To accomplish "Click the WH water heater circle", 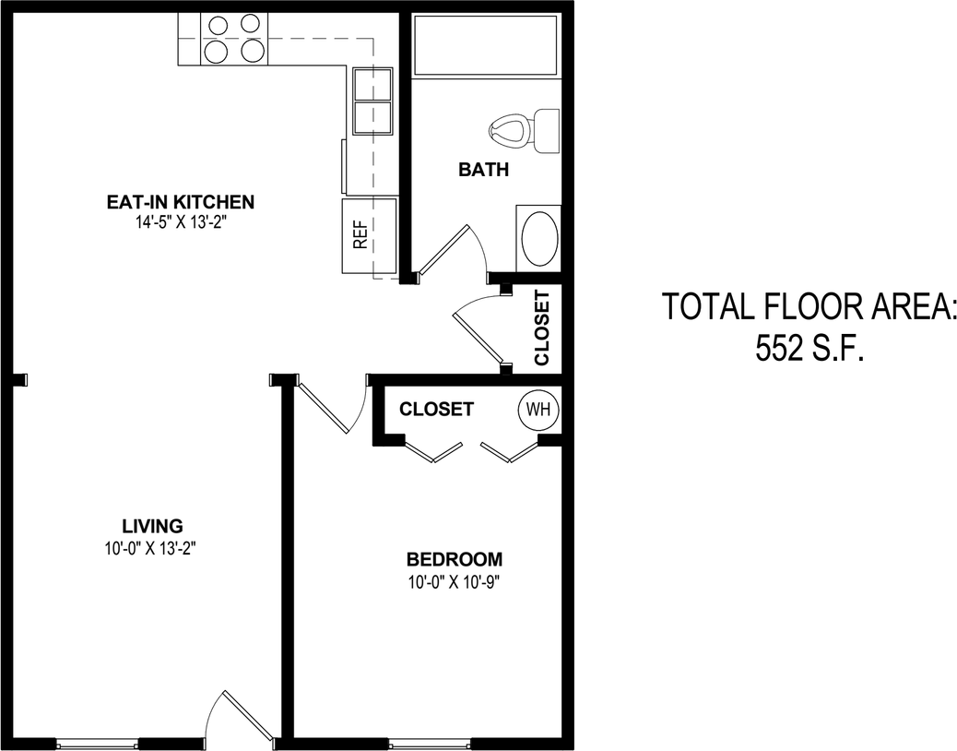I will (538, 409).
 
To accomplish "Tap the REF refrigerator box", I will (369, 236).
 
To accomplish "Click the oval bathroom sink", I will (539, 238).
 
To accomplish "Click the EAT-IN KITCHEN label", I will (180, 202).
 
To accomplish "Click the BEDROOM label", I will (455, 559).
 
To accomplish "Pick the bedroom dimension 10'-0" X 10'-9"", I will (455, 581).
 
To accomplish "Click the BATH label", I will (484, 170).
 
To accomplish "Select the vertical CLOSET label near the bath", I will (542, 328).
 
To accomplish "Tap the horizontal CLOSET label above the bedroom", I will (436, 409).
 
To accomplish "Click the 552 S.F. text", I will (809, 349).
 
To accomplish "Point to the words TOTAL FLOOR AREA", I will (809, 307).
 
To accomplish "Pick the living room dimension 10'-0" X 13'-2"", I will (152, 548).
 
